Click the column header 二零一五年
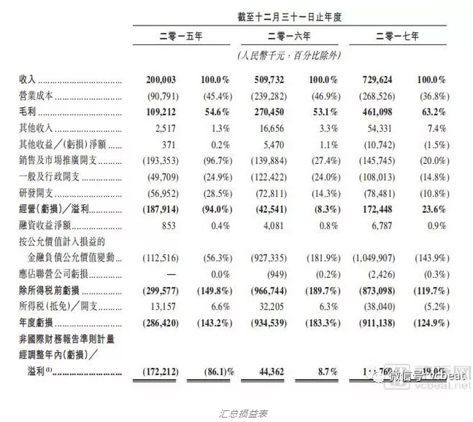click(177, 35)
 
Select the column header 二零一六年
click(290, 35)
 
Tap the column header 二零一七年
click(402, 35)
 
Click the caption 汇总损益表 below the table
click(239, 413)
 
